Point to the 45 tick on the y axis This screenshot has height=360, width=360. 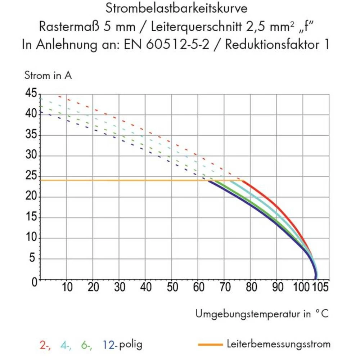pos(31,94)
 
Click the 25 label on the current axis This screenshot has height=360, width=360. pos(31,176)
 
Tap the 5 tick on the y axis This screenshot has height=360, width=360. pos(34,259)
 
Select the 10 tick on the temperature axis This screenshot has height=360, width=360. pos(67,288)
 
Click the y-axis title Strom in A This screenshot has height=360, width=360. pos(48,76)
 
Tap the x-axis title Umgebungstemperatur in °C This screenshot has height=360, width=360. pos(262,314)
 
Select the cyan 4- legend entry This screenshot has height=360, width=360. pos(66,345)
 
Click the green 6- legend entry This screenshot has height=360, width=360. pos(86,345)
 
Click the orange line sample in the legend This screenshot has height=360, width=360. pos(210,345)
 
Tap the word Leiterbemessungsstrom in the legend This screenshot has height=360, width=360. pos(278,344)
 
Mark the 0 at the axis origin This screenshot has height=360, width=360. pos(34,282)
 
